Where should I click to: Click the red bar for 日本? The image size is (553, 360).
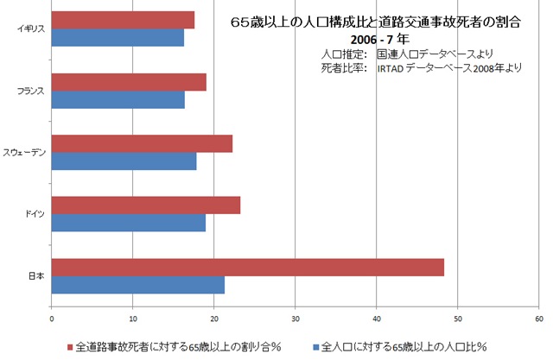tap(248, 268)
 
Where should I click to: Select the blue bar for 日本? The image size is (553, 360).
tap(138, 285)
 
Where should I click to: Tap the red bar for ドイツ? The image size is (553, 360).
tap(146, 205)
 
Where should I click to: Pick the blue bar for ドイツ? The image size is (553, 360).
tap(129, 223)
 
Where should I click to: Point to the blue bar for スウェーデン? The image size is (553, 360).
tap(124, 161)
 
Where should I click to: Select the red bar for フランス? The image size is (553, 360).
tap(129, 82)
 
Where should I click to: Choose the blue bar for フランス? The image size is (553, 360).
tap(118, 99)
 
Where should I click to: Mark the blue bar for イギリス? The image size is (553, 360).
tap(118, 37)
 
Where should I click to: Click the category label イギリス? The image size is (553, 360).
tap(31, 28)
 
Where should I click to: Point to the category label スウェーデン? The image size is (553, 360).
tap(27, 153)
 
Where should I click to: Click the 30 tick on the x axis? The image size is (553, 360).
tap(296, 318)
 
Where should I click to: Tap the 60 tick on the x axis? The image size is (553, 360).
tap(538, 318)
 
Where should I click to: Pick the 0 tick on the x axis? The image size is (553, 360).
tap(52, 318)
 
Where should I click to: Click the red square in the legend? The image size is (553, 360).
tap(70, 347)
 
